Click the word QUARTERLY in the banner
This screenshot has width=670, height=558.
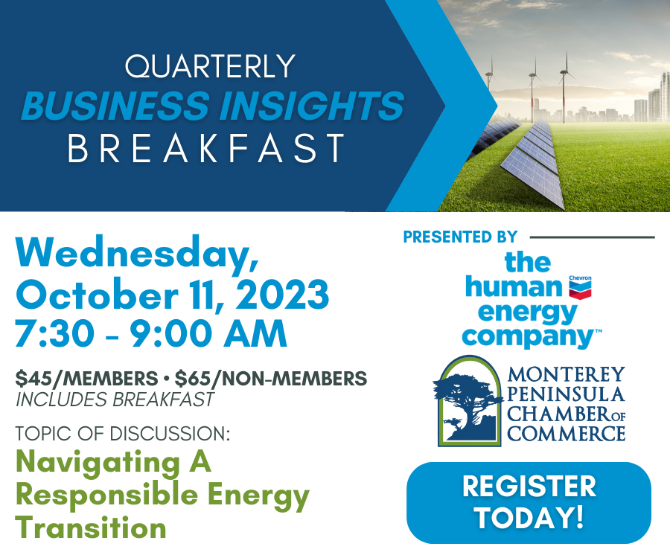click(x=210, y=66)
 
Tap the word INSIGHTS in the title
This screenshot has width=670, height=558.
click(x=311, y=106)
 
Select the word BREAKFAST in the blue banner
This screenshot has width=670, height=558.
click(x=206, y=148)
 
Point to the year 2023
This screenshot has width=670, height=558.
click(x=282, y=294)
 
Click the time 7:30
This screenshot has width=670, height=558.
click(x=54, y=333)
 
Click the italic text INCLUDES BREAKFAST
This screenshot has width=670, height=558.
click(x=115, y=400)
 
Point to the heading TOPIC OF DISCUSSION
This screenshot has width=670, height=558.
click(x=123, y=434)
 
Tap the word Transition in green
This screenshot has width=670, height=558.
click(x=91, y=527)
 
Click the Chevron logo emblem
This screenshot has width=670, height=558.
click(x=580, y=287)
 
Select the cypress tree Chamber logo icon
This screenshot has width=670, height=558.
click(x=469, y=401)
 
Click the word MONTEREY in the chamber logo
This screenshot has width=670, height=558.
click(x=567, y=374)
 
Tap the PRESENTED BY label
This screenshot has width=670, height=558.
click(x=460, y=237)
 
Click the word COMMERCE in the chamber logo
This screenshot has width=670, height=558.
click(x=567, y=434)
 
